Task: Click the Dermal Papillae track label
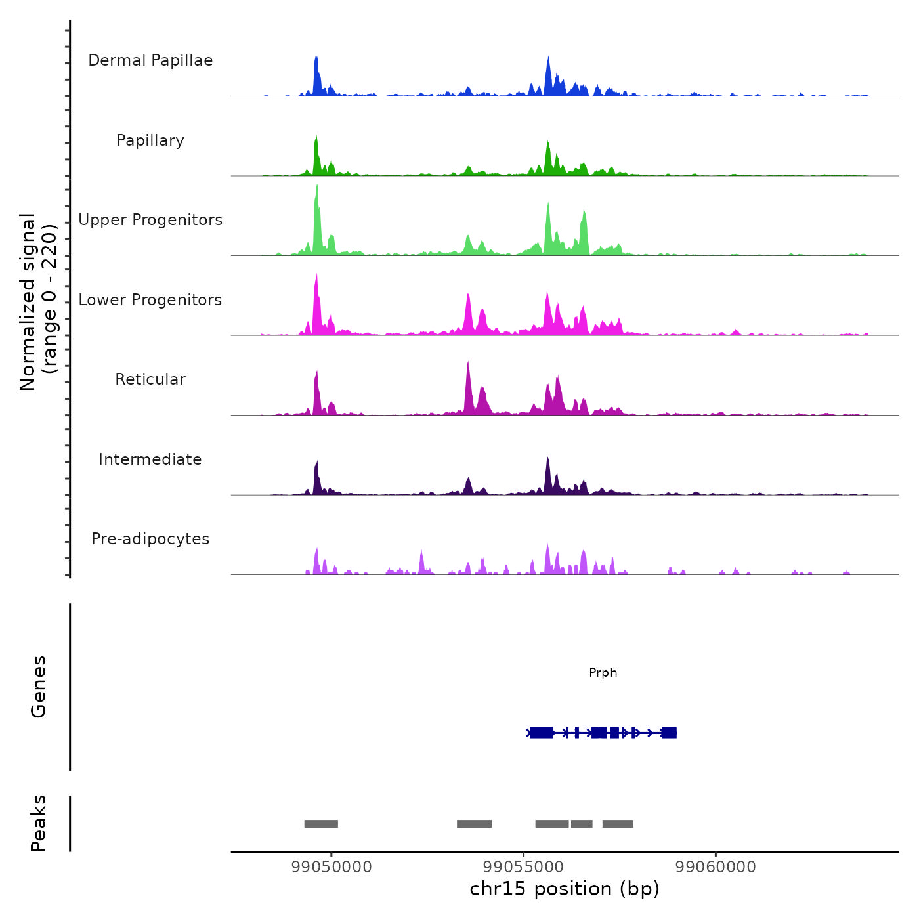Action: tap(150, 60)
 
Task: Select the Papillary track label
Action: tap(150, 140)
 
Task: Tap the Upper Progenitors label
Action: tap(150, 220)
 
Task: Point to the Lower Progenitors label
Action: tap(150, 300)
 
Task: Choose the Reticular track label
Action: tap(150, 379)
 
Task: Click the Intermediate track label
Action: tap(150, 460)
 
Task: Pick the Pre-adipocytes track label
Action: tap(150, 539)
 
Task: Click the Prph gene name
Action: tap(603, 673)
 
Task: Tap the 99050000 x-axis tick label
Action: tap(331, 867)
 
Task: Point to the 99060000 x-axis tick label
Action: tap(716, 867)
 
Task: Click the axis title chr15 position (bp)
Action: tap(565, 889)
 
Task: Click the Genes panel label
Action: tap(39, 687)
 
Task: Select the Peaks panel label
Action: tap(39, 823)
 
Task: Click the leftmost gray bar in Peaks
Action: tap(321, 824)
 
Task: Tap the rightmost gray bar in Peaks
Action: tap(618, 824)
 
